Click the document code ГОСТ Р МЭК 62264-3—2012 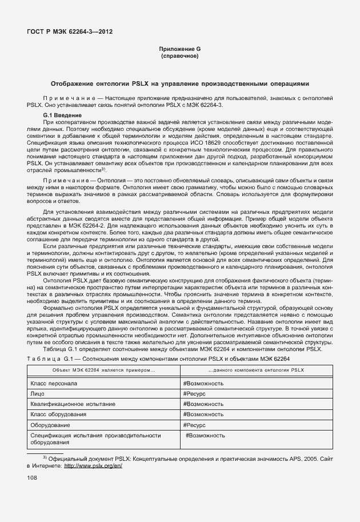(69, 31)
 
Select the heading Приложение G (180, 50)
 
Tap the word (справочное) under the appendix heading (180, 57)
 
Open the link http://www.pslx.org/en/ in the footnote (94, 465)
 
